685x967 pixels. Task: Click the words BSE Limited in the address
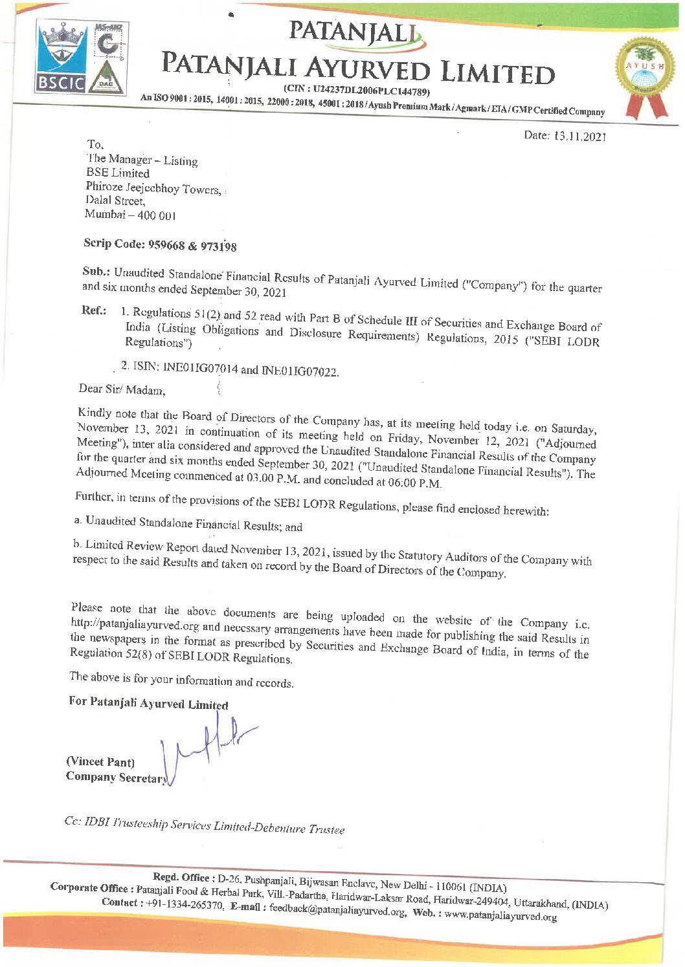coord(118,173)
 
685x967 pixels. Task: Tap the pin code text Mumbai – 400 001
coord(130,215)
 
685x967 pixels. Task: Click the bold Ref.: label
coord(94,310)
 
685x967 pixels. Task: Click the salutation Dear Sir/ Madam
coord(122,389)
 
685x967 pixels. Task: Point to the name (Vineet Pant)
coord(100,762)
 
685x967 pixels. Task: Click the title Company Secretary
coord(117,777)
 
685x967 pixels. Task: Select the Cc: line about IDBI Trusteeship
coord(204,825)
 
